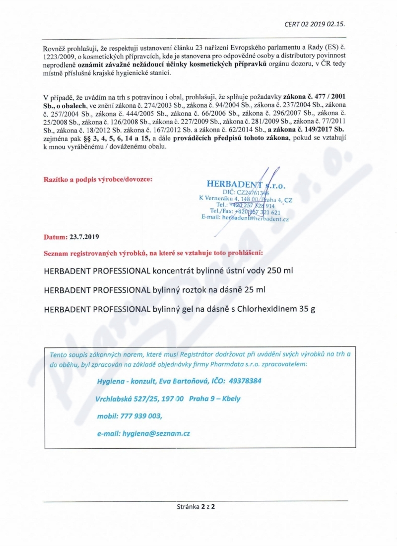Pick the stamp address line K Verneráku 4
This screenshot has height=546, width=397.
click(x=245, y=199)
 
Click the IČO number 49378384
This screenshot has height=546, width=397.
click(x=245, y=381)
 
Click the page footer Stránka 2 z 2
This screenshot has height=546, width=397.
click(x=198, y=507)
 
